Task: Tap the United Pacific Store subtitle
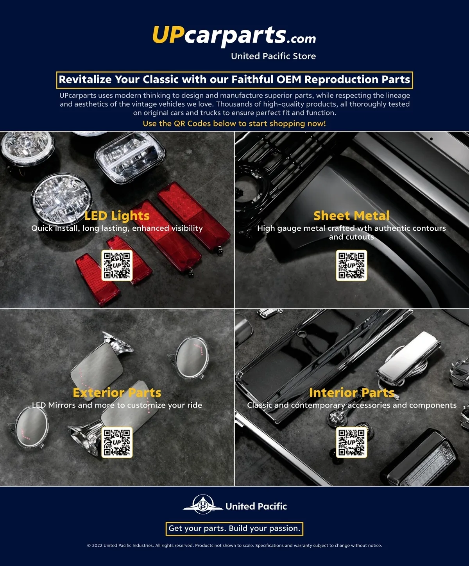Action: pos(273,56)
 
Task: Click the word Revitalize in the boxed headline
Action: pos(85,79)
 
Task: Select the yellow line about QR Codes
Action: pos(234,124)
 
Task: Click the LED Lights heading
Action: pos(117,216)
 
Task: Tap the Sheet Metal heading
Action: pos(351,216)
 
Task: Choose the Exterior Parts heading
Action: pos(117,393)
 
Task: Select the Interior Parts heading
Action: pos(352,393)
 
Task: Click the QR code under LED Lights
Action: pos(117,265)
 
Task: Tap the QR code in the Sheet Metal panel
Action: pos(351,265)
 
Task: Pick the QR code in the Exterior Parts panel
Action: pos(117,442)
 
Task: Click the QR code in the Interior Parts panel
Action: pos(351,442)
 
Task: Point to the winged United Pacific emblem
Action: pos(203,505)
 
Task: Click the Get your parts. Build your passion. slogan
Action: pos(234,528)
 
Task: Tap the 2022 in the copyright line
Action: pos(97,545)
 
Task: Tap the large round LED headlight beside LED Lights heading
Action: pos(62,199)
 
